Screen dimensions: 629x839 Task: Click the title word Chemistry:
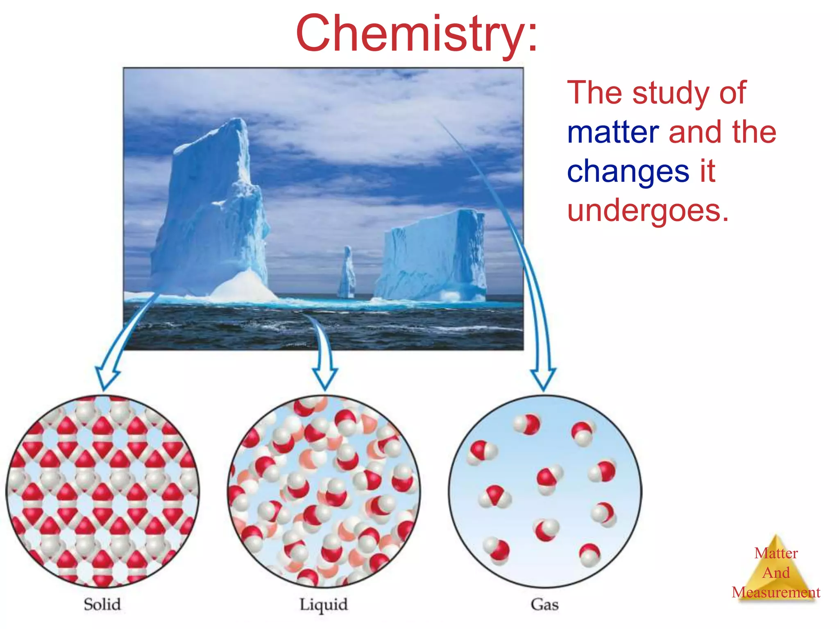416,34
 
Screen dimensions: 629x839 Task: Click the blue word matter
612,132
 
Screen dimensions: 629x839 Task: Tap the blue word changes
628,171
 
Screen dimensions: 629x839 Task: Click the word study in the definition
671,93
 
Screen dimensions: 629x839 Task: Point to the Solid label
102,604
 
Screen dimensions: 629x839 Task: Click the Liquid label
323,604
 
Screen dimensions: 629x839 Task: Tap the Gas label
544,604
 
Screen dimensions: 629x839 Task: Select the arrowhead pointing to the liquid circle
325,379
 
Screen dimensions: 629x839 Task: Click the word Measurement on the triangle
776,592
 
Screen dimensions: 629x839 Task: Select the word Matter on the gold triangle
776,553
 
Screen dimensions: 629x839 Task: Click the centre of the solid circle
102,491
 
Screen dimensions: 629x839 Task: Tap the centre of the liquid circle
324,491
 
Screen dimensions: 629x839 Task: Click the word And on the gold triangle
776,572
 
